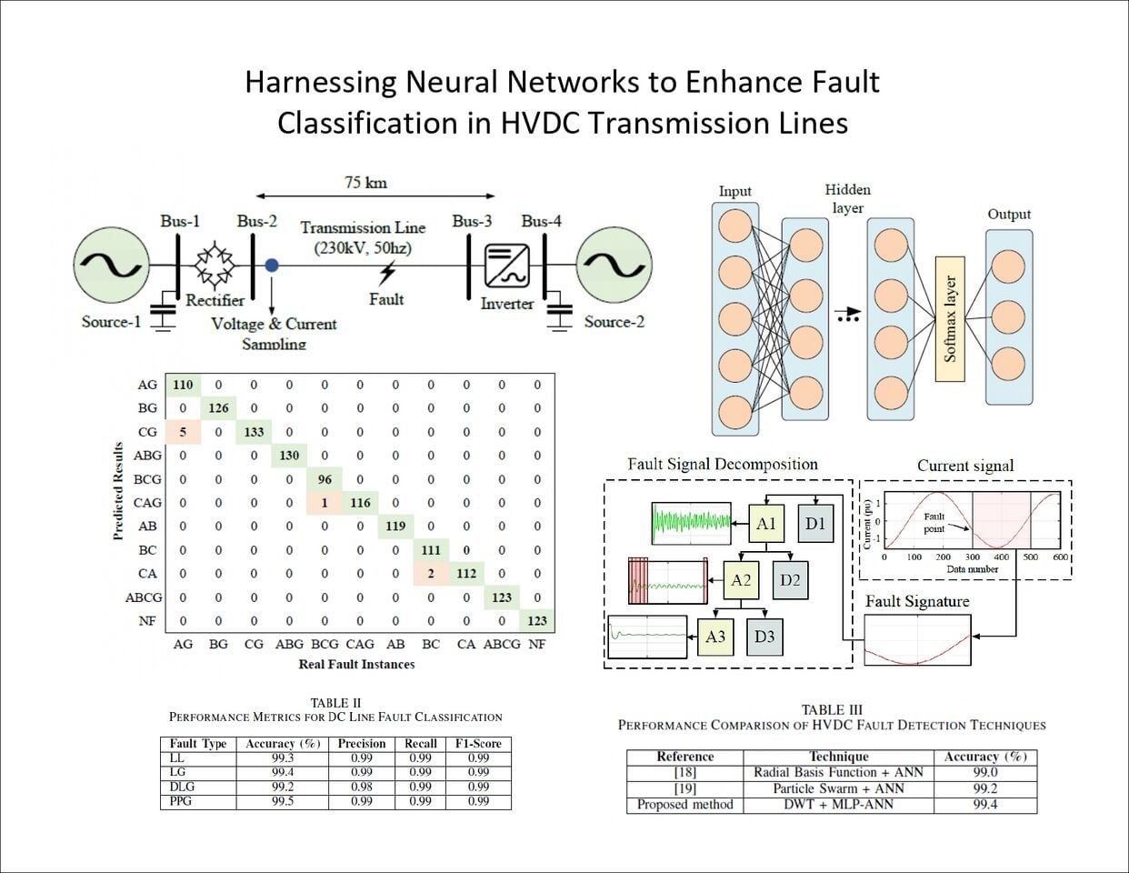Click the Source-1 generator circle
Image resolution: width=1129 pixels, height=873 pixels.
(111, 265)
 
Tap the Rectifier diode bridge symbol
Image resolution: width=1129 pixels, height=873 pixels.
(215, 265)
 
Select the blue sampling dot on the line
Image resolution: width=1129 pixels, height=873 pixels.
(272, 266)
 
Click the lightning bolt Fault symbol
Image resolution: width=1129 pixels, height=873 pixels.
(387, 273)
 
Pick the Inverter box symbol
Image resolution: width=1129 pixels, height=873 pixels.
(507, 266)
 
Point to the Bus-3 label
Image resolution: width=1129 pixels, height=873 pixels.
(472, 221)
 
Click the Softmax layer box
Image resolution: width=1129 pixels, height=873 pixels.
(950, 318)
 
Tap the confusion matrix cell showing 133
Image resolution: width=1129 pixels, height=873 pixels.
(254, 432)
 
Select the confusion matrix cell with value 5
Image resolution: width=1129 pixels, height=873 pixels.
(183, 432)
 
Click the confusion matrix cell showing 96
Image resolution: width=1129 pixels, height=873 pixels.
(325, 479)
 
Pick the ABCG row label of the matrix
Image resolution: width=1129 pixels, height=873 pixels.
(144, 597)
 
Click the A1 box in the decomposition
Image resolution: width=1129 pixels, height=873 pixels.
(766, 523)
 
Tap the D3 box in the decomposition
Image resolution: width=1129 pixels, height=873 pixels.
(764, 636)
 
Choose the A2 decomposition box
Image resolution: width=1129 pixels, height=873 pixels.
(742, 579)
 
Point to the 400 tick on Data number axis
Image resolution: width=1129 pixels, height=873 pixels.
(1001, 557)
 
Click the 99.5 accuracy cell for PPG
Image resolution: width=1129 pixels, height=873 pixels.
(282, 801)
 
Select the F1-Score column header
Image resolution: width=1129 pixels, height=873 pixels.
(478, 743)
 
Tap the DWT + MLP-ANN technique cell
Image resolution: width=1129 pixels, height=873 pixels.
(838, 805)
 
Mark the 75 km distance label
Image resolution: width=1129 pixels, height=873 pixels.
(365, 183)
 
